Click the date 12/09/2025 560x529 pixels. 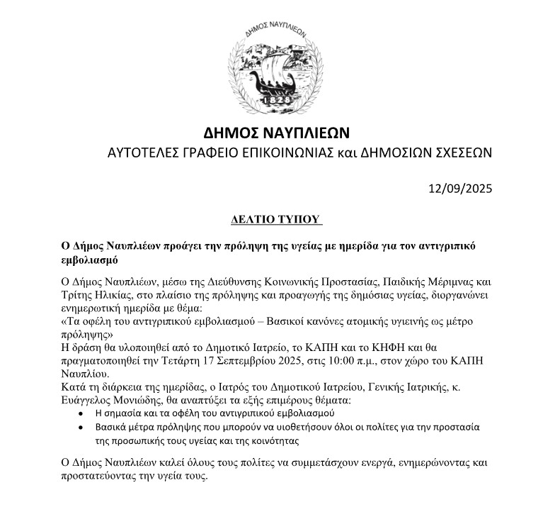point(459,189)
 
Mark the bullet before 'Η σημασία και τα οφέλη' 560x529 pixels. point(84,413)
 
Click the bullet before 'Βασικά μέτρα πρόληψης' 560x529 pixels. point(84,427)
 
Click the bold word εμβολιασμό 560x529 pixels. point(89,259)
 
